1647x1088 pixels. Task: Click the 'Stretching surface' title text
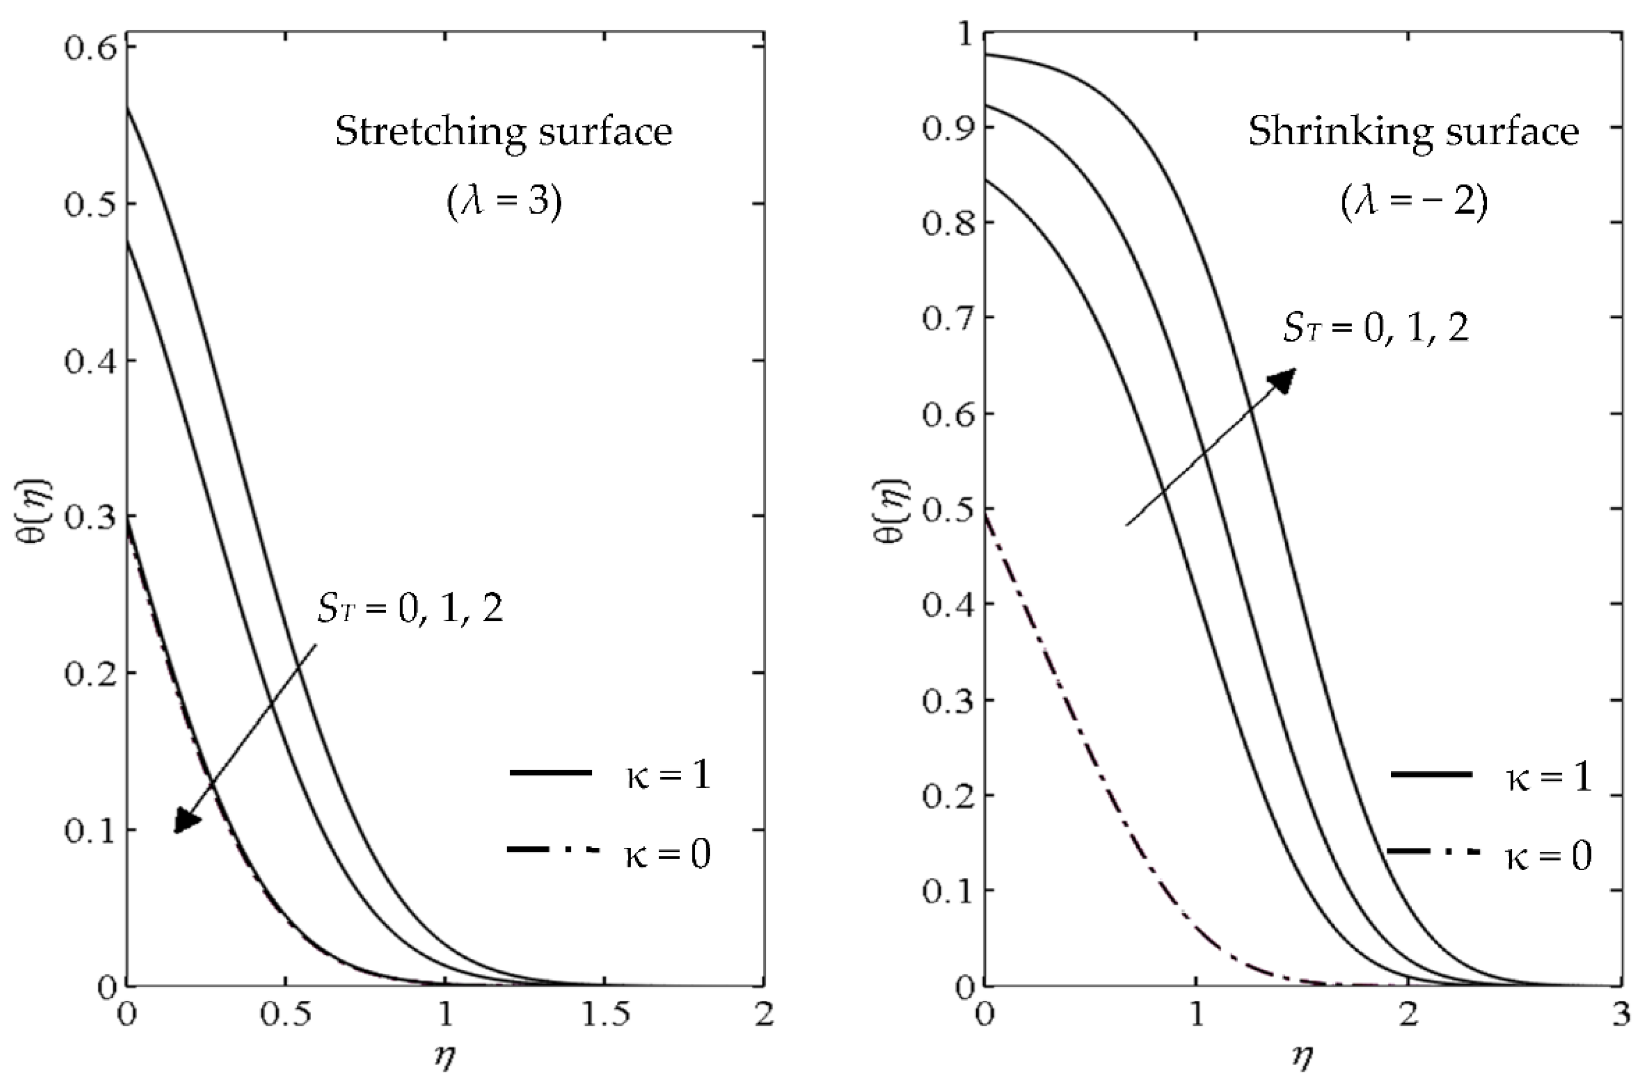coord(504,132)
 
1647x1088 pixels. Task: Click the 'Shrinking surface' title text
coord(1413,132)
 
